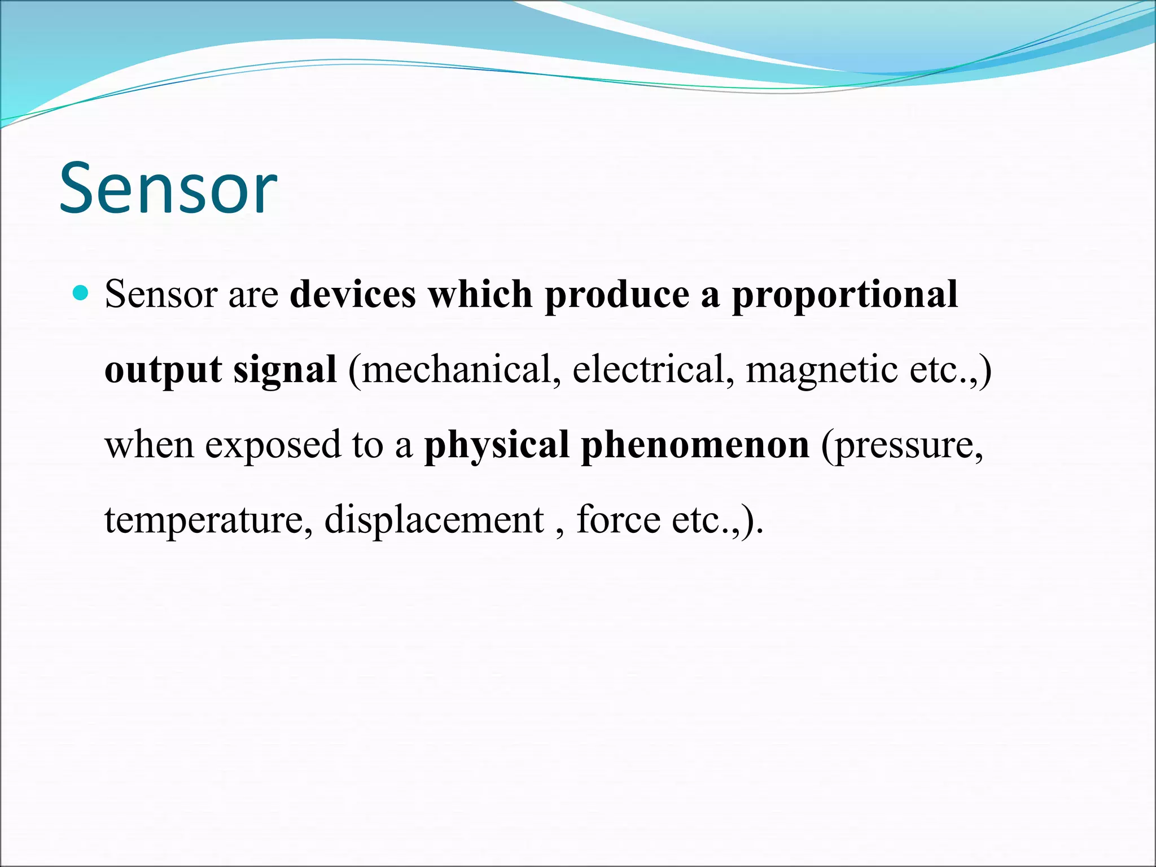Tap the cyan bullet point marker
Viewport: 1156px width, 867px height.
pyautogui.click(x=81, y=292)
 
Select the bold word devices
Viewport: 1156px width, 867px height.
pyautogui.click(x=353, y=295)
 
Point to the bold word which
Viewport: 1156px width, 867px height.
pyautogui.click(x=480, y=295)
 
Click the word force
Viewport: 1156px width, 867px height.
pyautogui.click(x=618, y=519)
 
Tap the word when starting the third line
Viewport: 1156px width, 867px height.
pyautogui.click(x=150, y=445)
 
